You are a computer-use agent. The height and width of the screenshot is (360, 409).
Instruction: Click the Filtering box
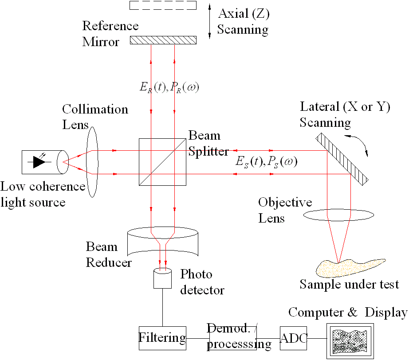pyautogui.click(x=162, y=338)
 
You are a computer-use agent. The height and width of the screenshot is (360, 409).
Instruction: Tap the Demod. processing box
pyautogui.click(x=232, y=337)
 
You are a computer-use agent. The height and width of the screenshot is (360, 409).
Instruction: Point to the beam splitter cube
pyautogui.click(x=162, y=162)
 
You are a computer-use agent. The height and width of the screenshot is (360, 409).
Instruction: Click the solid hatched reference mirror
pyautogui.click(x=163, y=40)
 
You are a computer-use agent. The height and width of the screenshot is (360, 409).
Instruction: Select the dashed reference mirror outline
pyautogui.click(x=163, y=5)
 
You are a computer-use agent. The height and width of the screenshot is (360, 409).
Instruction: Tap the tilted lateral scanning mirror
pyautogui.click(x=342, y=158)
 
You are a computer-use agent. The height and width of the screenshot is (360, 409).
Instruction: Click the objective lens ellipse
pyautogui.click(x=338, y=215)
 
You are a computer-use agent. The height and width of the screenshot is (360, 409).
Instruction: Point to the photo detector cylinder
pyautogui.click(x=163, y=278)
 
